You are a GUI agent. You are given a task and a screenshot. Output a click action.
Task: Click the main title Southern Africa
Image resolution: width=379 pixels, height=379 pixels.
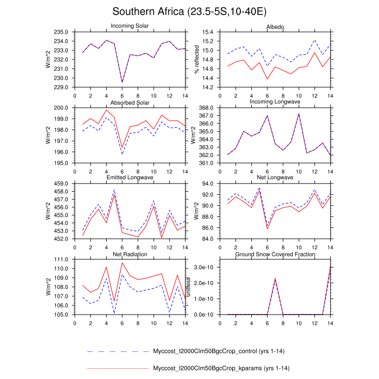[189, 11]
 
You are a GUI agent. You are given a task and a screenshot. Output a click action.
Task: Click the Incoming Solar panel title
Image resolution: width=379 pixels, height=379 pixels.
[130, 27]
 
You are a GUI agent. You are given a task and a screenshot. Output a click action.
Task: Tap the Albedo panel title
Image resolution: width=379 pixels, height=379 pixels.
[275, 27]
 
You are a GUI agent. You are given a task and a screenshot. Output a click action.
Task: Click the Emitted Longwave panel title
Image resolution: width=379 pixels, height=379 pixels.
[130, 178]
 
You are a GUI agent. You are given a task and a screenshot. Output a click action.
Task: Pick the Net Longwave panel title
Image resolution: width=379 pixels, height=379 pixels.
[275, 178]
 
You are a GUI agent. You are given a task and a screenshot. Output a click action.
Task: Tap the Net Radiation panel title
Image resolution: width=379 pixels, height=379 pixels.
[130, 254]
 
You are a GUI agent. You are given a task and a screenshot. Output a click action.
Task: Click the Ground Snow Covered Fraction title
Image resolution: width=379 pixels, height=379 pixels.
[275, 254]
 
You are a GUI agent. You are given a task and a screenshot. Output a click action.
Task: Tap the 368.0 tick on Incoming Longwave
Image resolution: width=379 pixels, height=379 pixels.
[207, 108]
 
